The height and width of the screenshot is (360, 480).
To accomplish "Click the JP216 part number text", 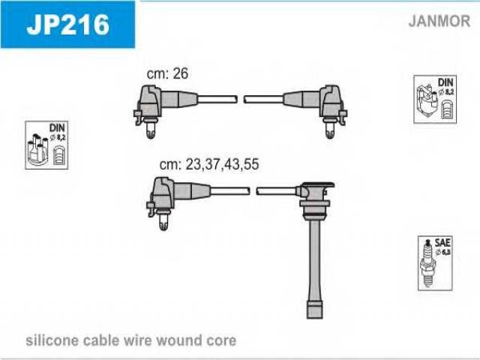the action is pos(67,25).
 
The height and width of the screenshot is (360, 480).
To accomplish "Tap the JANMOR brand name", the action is pos(439,21).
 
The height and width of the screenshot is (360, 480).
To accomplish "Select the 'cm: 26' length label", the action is pos(167,73).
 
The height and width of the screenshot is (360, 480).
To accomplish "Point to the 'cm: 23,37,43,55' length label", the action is pos(209,164).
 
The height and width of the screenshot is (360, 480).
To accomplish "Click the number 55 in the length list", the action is pos(252,164).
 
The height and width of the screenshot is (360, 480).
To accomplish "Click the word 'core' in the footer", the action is pos(220,341).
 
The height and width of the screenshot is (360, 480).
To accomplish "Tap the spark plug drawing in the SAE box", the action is pos(427,262).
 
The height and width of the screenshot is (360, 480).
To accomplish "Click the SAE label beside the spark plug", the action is pos(442,243).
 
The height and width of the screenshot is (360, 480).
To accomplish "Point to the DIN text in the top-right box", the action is pos(445,82).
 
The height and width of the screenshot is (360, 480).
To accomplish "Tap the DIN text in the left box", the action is pos(57,127).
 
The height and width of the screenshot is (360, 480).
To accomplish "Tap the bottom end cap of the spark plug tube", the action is pos(315,310).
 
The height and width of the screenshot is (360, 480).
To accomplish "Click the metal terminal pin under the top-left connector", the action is pos(150,129).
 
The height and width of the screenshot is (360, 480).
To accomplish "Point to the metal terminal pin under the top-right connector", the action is pos(330,130).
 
